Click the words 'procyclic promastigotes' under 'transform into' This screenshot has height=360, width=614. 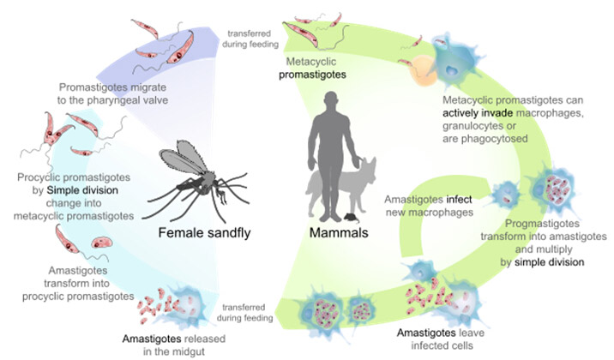point(76,296)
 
